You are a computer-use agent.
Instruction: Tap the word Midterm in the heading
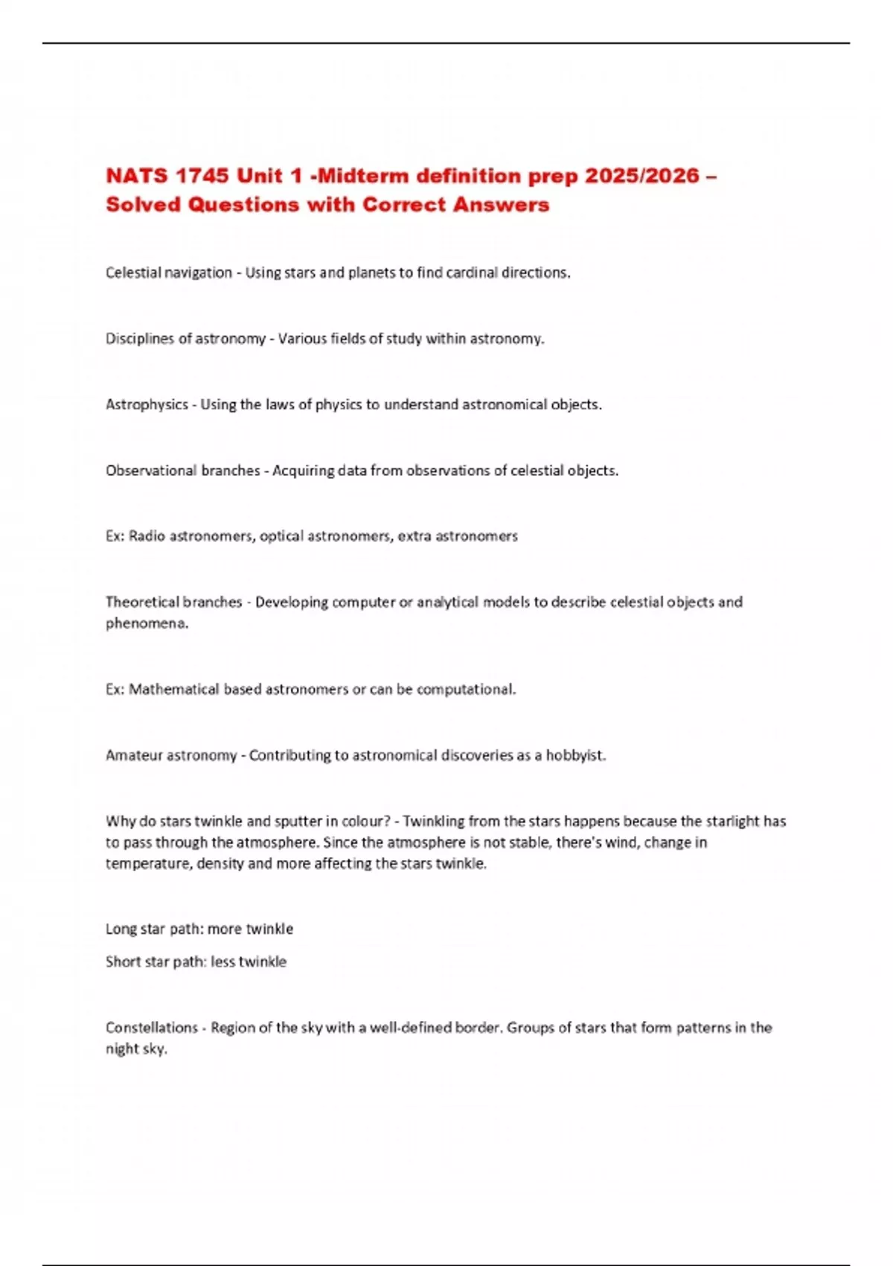pyautogui.click(x=373, y=176)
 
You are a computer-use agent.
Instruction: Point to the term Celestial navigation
pyautogui.click(x=169, y=273)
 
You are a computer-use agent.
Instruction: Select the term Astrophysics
pyautogui.click(x=147, y=404)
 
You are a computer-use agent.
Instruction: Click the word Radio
pyautogui.click(x=147, y=536)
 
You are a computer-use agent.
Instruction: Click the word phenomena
pyautogui.click(x=147, y=623)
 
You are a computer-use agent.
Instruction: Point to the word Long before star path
pyautogui.click(x=121, y=929)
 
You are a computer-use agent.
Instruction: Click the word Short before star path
pyautogui.click(x=122, y=961)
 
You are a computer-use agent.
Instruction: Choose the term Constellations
pyautogui.click(x=152, y=1028)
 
